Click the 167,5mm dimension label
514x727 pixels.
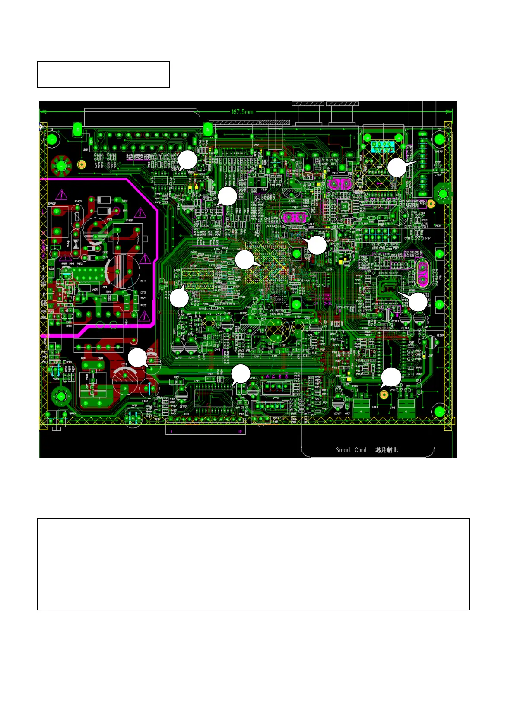[242, 112]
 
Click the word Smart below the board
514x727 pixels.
[343, 450]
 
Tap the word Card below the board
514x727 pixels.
[360, 450]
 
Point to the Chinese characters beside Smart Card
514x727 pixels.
[387, 450]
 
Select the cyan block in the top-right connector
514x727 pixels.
[382, 147]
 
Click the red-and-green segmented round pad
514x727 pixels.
[61, 165]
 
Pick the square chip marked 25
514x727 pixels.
[344, 207]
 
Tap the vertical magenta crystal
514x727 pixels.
[423, 274]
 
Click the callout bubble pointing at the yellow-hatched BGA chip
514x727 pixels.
[244, 260]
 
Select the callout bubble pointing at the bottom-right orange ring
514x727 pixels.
[392, 377]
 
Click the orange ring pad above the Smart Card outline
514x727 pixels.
[384, 394]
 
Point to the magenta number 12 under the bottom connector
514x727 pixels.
[240, 431]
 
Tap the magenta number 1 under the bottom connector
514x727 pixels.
[171, 431]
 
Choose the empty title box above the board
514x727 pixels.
[103, 75]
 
